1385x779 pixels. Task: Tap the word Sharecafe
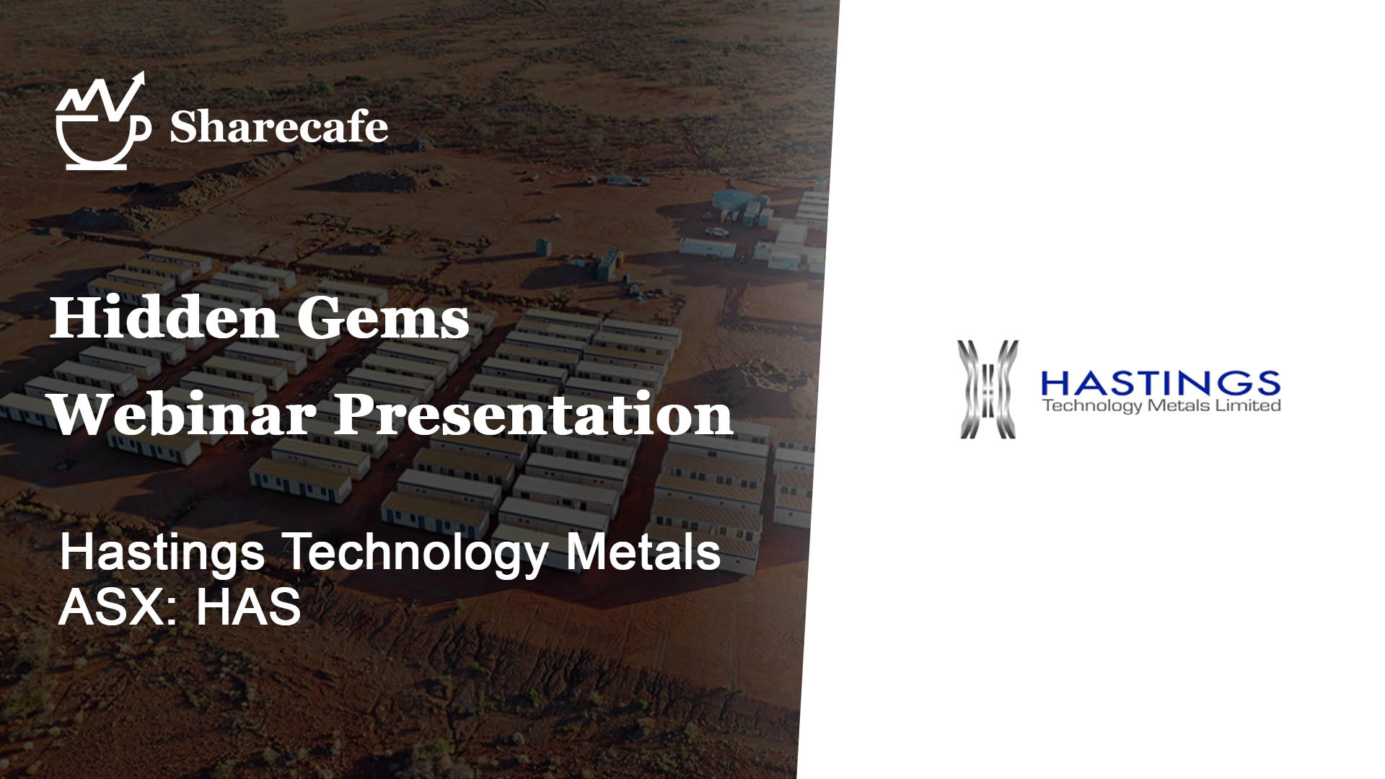pyautogui.click(x=278, y=128)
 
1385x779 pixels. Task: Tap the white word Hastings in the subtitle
pyautogui.click(x=162, y=553)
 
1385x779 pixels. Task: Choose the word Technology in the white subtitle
pyautogui.click(x=415, y=553)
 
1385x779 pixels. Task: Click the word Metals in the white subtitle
pyautogui.click(x=643, y=553)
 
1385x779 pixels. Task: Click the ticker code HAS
pyautogui.click(x=248, y=607)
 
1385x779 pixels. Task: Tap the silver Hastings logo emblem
pyautogui.click(x=988, y=389)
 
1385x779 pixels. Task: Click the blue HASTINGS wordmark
pyautogui.click(x=1161, y=383)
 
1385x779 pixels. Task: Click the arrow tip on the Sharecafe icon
pyautogui.click(x=141, y=76)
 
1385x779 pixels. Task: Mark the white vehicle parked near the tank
pyautogui.click(x=717, y=232)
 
